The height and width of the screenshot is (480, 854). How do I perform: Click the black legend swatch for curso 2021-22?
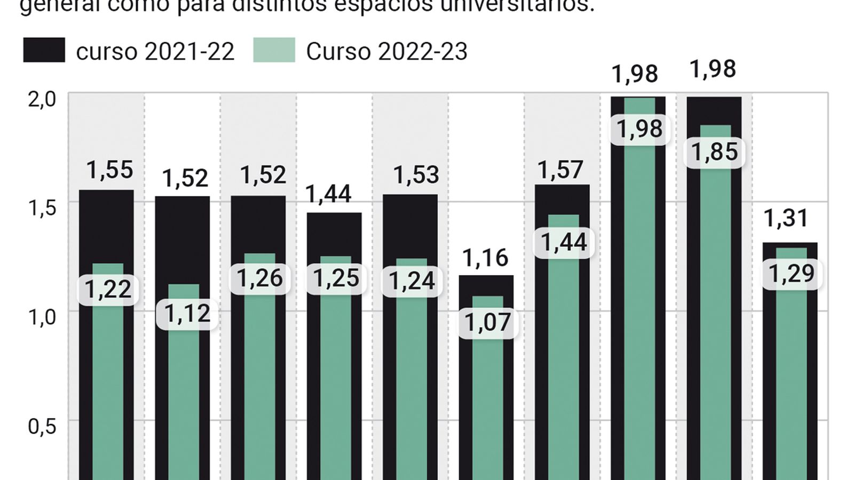[x=44, y=50]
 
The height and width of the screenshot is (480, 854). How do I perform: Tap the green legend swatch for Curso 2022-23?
[x=274, y=50]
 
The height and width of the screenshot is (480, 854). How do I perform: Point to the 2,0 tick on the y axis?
[x=42, y=99]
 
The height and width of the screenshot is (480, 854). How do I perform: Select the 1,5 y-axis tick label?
[x=42, y=208]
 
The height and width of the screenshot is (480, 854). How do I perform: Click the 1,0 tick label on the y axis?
[x=42, y=317]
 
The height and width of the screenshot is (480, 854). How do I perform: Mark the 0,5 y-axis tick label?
[x=42, y=426]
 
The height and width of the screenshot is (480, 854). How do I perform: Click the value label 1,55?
[x=109, y=170]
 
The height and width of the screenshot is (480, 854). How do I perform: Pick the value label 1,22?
[x=108, y=290]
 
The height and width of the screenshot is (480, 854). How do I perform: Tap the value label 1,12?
[x=187, y=314]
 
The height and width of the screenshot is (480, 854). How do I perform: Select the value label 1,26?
[x=259, y=278]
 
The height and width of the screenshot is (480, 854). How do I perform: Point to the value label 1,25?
[x=336, y=278]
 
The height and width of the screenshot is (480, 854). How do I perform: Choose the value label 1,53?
[x=416, y=175]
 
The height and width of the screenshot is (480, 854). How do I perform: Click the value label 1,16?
[x=485, y=258]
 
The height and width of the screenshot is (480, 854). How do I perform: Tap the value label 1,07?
[x=488, y=322]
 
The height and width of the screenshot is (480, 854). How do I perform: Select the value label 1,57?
[x=560, y=170]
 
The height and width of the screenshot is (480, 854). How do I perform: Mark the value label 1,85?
[x=714, y=152]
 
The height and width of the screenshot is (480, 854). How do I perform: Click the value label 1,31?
[x=786, y=218]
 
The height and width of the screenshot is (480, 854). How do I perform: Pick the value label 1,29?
[x=791, y=274]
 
